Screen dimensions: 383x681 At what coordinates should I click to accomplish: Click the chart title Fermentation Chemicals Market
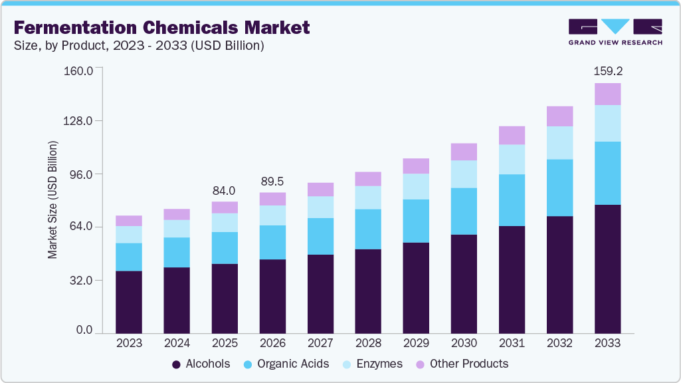coord(161,28)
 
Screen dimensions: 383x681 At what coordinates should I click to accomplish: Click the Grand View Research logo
coord(615,32)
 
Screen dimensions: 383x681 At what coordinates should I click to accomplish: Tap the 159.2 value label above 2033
coord(608,70)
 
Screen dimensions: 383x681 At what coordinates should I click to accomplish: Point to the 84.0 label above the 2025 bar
coord(225,191)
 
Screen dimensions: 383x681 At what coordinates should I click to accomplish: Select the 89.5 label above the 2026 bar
coord(272,182)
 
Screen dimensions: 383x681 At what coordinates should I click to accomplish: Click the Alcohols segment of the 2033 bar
coord(607,269)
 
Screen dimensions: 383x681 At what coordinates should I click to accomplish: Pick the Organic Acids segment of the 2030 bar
coord(464,211)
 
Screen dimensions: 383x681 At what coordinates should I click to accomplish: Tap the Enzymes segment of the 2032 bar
coord(559,143)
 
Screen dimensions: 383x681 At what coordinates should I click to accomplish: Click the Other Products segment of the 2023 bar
coord(129,221)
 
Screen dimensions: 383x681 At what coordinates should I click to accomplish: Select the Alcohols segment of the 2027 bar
coord(320,293)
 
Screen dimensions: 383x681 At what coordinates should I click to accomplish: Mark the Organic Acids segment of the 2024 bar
coord(177,252)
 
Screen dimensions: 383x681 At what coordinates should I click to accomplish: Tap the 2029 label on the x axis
coord(416,344)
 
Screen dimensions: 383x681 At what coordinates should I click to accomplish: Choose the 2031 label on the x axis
coord(512,344)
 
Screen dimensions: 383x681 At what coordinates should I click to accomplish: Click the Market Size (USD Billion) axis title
coord(52,200)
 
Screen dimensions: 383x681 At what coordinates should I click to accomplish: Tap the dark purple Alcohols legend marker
coord(176,364)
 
